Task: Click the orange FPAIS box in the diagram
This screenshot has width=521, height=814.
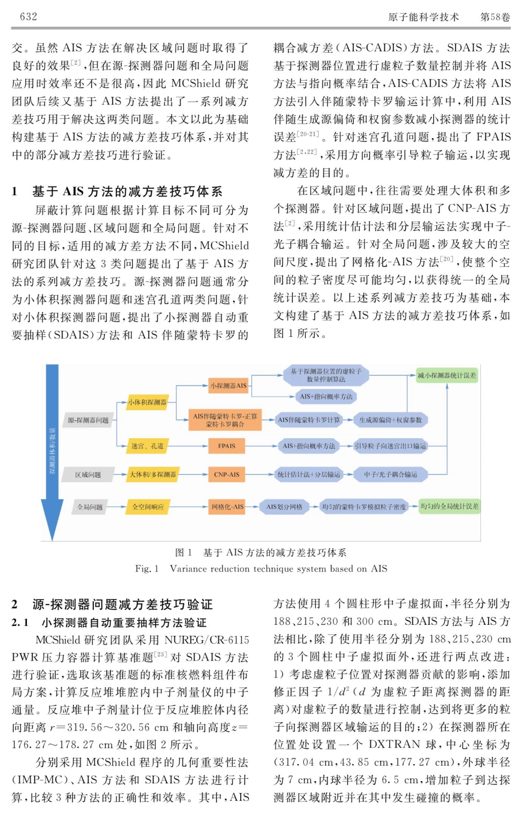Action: point(226,446)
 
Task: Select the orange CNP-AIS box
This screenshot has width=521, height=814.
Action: point(226,474)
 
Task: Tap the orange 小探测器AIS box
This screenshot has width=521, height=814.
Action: point(228,386)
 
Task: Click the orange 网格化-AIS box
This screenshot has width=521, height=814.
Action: point(228,507)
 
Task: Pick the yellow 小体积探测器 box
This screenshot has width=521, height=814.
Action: point(148,402)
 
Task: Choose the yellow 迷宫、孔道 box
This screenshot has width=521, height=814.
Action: point(148,446)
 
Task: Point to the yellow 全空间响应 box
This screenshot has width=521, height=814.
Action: point(148,507)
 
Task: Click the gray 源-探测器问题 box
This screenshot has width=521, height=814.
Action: point(88,420)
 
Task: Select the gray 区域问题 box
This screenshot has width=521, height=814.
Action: point(88,474)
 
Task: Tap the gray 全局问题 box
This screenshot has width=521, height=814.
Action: point(90,507)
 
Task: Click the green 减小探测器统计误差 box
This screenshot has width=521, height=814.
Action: point(447,376)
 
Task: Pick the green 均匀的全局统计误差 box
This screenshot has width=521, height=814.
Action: point(449,506)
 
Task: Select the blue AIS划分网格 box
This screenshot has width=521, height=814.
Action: point(284,507)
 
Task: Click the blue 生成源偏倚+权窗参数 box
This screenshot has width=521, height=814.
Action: point(390,420)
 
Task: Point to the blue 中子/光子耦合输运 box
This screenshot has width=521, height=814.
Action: point(390,474)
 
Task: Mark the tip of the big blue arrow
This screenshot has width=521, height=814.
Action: point(53,540)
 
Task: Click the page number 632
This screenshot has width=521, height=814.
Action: point(29,16)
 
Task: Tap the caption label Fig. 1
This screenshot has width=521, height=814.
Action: point(147,569)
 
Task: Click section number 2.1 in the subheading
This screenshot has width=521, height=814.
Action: point(20,623)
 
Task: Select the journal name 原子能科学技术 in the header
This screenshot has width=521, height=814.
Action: point(423,17)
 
